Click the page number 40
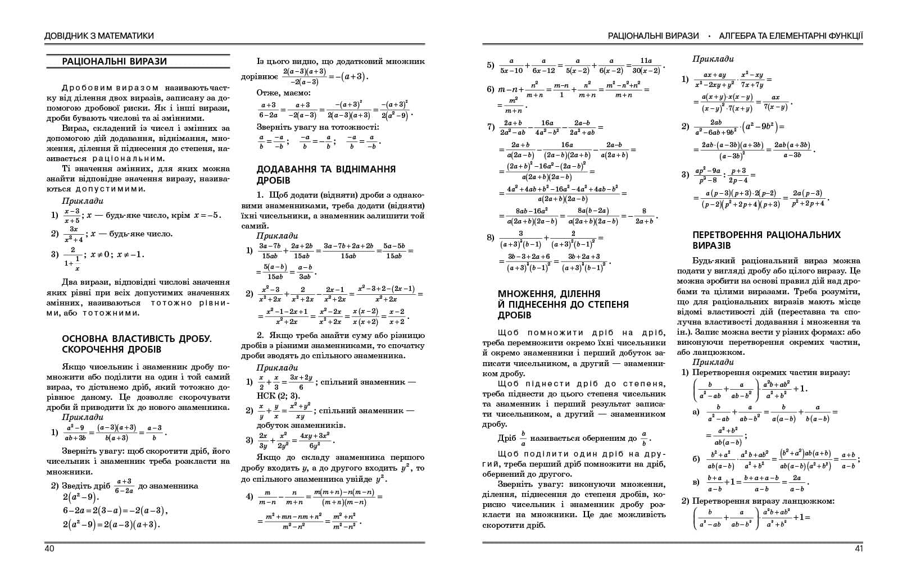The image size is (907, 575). coord(49,549)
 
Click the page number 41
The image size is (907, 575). coord(858,549)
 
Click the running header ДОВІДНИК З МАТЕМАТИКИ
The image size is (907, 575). coord(99,36)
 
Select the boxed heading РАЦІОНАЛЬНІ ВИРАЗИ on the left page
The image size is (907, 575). coord(115,62)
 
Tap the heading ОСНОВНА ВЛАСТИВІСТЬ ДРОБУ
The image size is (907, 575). coord(137,339)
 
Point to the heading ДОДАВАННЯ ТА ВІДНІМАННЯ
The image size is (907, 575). coord(326,169)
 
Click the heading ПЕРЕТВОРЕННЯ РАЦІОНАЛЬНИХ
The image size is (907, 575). coord(767,235)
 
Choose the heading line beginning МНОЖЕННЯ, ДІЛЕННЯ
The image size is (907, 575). coord(549,294)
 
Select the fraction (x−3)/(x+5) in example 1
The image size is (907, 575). coord(71,216)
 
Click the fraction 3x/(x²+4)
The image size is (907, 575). coord(74,234)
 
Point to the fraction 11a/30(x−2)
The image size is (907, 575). coord(646,66)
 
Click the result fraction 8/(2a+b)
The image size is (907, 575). coord(644,216)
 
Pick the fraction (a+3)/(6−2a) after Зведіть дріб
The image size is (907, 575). coord(124,486)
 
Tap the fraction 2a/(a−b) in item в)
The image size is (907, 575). coord(796,482)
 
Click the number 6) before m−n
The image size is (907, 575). coord(491,89)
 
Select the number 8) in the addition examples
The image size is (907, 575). coord(491,238)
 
